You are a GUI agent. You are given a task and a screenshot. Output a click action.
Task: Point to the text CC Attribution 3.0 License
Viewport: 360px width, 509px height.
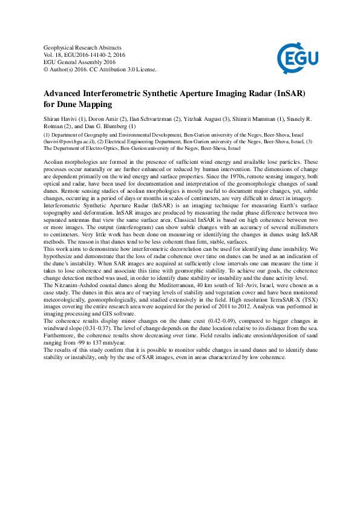[125, 69]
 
